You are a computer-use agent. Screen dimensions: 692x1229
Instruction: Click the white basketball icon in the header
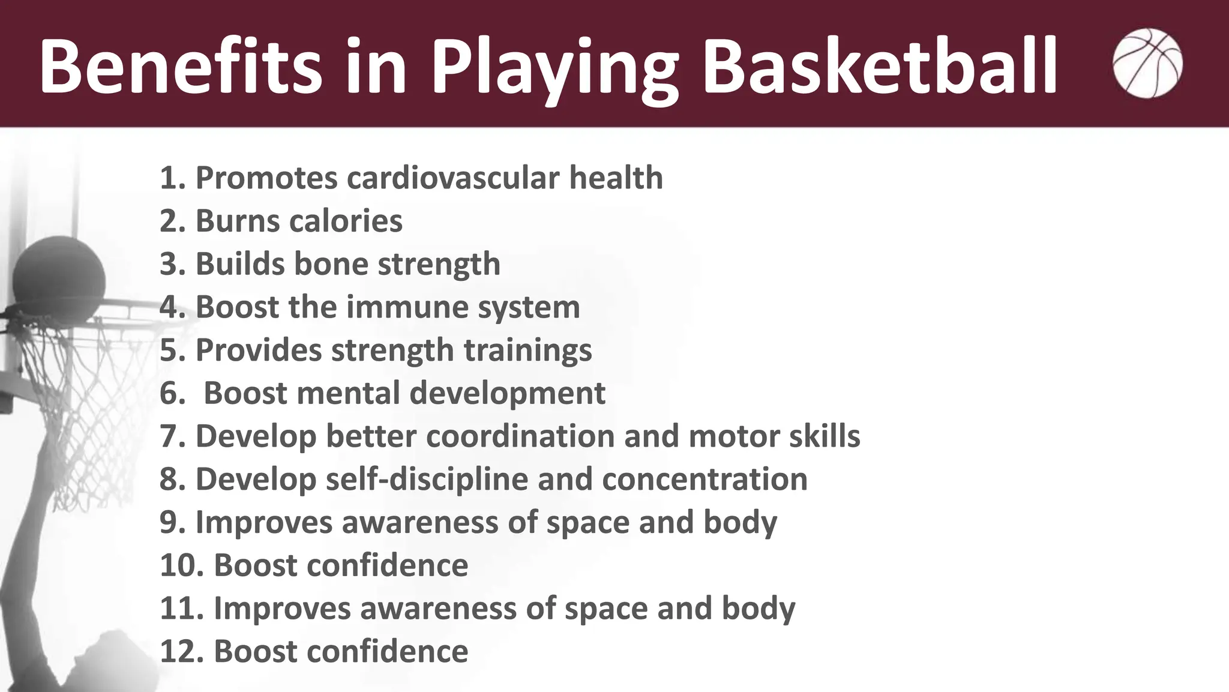pos(1147,63)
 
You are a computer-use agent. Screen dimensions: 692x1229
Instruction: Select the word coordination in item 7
pos(520,436)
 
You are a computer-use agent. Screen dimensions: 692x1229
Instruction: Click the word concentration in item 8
pos(705,480)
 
